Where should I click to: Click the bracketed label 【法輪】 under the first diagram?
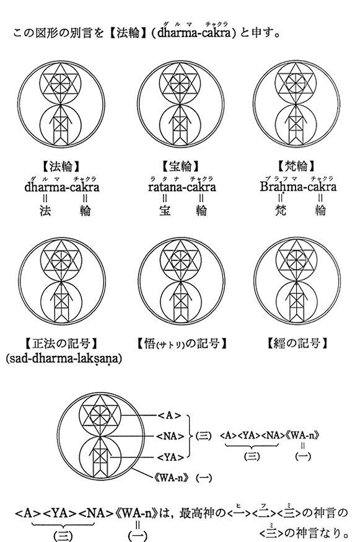pyautogui.click(x=61, y=166)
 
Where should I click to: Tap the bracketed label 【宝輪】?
pyautogui.click(x=181, y=166)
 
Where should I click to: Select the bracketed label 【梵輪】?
pyautogui.click(x=296, y=166)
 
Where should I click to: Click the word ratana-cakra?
pyautogui.click(x=182, y=187)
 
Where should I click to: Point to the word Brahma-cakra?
pyautogui.click(x=298, y=187)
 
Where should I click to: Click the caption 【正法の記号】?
pyautogui.click(x=62, y=344)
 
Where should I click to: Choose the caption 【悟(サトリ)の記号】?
pyautogui.click(x=182, y=344)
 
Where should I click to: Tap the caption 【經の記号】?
pyautogui.click(x=297, y=344)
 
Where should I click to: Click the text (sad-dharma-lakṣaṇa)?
pyautogui.click(x=64, y=359)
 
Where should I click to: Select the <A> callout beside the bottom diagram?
pyautogui.click(x=169, y=415)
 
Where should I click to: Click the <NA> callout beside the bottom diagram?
pyautogui.click(x=170, y=436)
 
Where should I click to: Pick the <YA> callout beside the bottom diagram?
pyautogui.click(x=170, y=457)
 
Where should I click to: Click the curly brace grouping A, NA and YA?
pyautogui.click(x=190, y=436)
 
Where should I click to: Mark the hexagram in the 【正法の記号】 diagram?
pyautogui.click(x=61, y=259)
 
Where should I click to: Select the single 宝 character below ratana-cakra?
pyautogui.click(x=165, y=210)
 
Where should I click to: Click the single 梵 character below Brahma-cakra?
pyautogui.click(x=281, y=210)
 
